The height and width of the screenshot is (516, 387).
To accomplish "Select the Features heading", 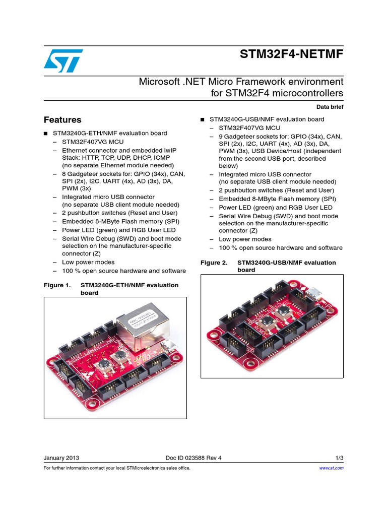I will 62,120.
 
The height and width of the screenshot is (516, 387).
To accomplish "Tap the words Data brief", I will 330,107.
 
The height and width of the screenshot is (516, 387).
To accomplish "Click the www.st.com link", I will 332,468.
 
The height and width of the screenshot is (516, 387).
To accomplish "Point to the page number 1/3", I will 339,458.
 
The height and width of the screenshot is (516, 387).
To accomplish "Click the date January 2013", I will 61,458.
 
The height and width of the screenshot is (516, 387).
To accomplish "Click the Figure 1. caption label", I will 57,285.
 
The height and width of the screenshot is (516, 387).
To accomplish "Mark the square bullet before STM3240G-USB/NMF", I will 202,120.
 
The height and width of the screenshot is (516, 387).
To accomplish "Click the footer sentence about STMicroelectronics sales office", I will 117,468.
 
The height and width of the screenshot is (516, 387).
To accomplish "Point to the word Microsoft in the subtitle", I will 159,82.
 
